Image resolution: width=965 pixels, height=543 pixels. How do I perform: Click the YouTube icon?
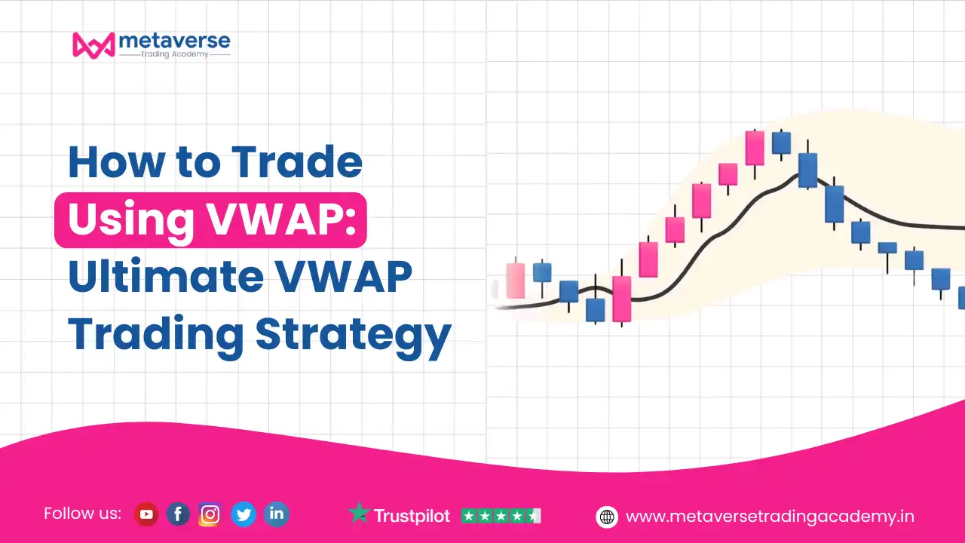tap(146, 514)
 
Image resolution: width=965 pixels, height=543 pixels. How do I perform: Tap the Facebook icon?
tap(178, 514)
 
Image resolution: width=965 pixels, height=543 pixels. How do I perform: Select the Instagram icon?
tap(210, 514)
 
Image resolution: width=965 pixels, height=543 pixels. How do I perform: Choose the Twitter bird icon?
tap(244, 514)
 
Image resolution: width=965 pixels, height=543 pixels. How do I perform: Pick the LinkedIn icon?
tap(276, 514)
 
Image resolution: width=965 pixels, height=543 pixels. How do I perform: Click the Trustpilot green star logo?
tap(359, 512)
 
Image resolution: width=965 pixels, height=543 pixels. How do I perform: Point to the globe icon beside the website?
tap(607, 517)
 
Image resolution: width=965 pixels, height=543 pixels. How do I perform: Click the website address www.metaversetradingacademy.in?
tap(770, 517)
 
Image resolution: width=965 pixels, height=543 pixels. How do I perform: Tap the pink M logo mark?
tap(94, 45)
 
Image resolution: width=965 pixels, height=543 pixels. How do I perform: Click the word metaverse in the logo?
tap(174, 41)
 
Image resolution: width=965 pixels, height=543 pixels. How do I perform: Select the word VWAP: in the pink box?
tap(281, 219)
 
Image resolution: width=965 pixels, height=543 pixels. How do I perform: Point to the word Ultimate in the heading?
tap(165, 276)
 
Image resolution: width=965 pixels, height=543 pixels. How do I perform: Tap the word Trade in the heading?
tap(296, 162)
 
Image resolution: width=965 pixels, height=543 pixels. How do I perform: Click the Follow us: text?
tap(82, 514)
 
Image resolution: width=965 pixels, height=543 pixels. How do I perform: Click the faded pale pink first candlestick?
tap(516, 281)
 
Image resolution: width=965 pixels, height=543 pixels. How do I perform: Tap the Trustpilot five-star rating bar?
tap(501, 516)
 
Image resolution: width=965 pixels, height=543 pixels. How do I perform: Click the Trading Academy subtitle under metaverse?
tap(174, 54)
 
